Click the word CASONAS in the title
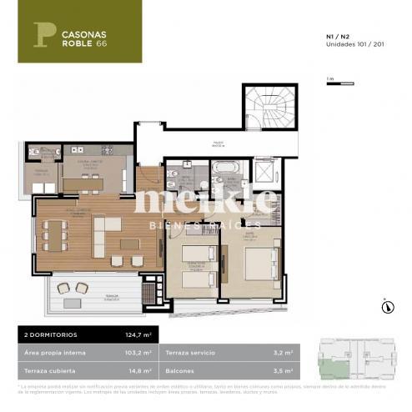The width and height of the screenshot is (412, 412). [x=81, y=35]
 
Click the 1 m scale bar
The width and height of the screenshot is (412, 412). [x=332, y=83]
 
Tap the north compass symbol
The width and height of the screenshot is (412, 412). [x=386, y=305]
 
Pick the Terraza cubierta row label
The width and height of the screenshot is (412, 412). [x=50, y=368]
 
